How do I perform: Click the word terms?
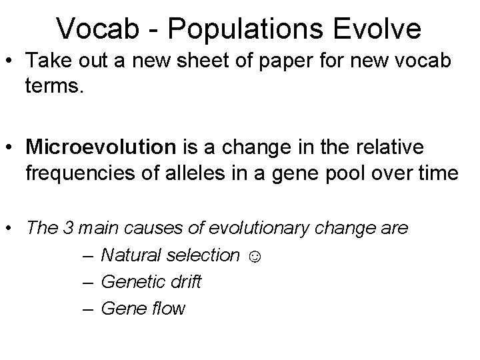[x=55, y=90]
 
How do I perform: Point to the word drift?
[x=185, y=283]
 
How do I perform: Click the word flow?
[x=167, y=309]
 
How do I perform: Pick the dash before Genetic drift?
[x=90, y=283]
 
